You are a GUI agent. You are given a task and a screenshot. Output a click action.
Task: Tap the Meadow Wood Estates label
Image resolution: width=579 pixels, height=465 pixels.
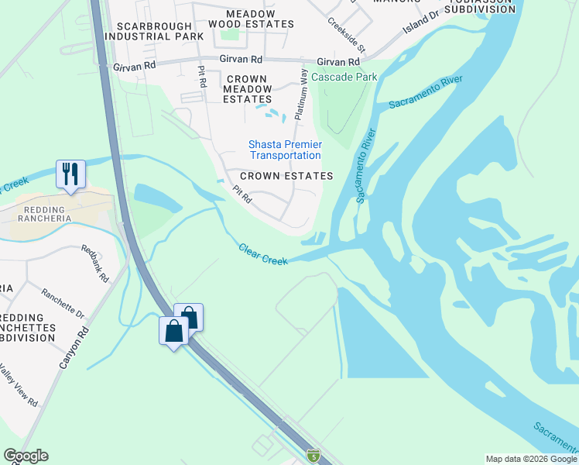pos(251,19)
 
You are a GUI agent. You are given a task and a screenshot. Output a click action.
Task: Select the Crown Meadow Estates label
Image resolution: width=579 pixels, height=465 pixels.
pos(247,89)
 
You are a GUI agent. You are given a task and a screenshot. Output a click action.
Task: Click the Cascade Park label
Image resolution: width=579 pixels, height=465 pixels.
pos(344,77)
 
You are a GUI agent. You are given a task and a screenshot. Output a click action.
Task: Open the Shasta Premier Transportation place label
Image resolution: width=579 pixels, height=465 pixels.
pos(285,150)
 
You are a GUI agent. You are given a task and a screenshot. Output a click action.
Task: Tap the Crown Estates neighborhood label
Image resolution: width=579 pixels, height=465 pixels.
pos(286,176)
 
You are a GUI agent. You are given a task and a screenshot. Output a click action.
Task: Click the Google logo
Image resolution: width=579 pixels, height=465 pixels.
pos(26,456)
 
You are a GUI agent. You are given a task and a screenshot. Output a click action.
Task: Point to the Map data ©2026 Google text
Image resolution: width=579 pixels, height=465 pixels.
pos(531,459)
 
